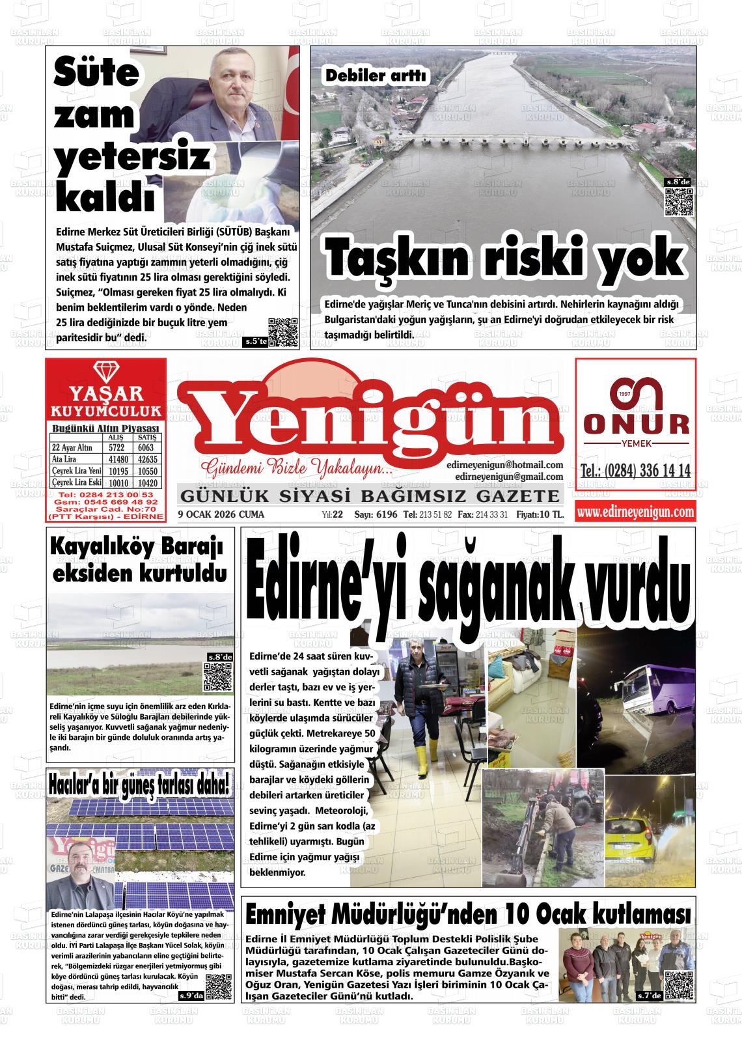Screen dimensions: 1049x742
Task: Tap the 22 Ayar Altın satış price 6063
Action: point(145,447)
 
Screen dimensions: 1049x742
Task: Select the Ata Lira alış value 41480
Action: point(117,459)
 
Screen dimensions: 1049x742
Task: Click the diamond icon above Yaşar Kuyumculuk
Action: point(104,372)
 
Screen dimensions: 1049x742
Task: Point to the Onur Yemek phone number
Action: point(635,471)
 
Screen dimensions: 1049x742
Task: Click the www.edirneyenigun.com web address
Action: point(635,512)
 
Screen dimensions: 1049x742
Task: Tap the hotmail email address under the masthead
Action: point(504,465)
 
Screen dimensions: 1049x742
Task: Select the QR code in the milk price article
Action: point(282,332)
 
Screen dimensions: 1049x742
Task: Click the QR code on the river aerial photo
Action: point(678,202)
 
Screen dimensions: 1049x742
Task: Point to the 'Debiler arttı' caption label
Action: point(376,76)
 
